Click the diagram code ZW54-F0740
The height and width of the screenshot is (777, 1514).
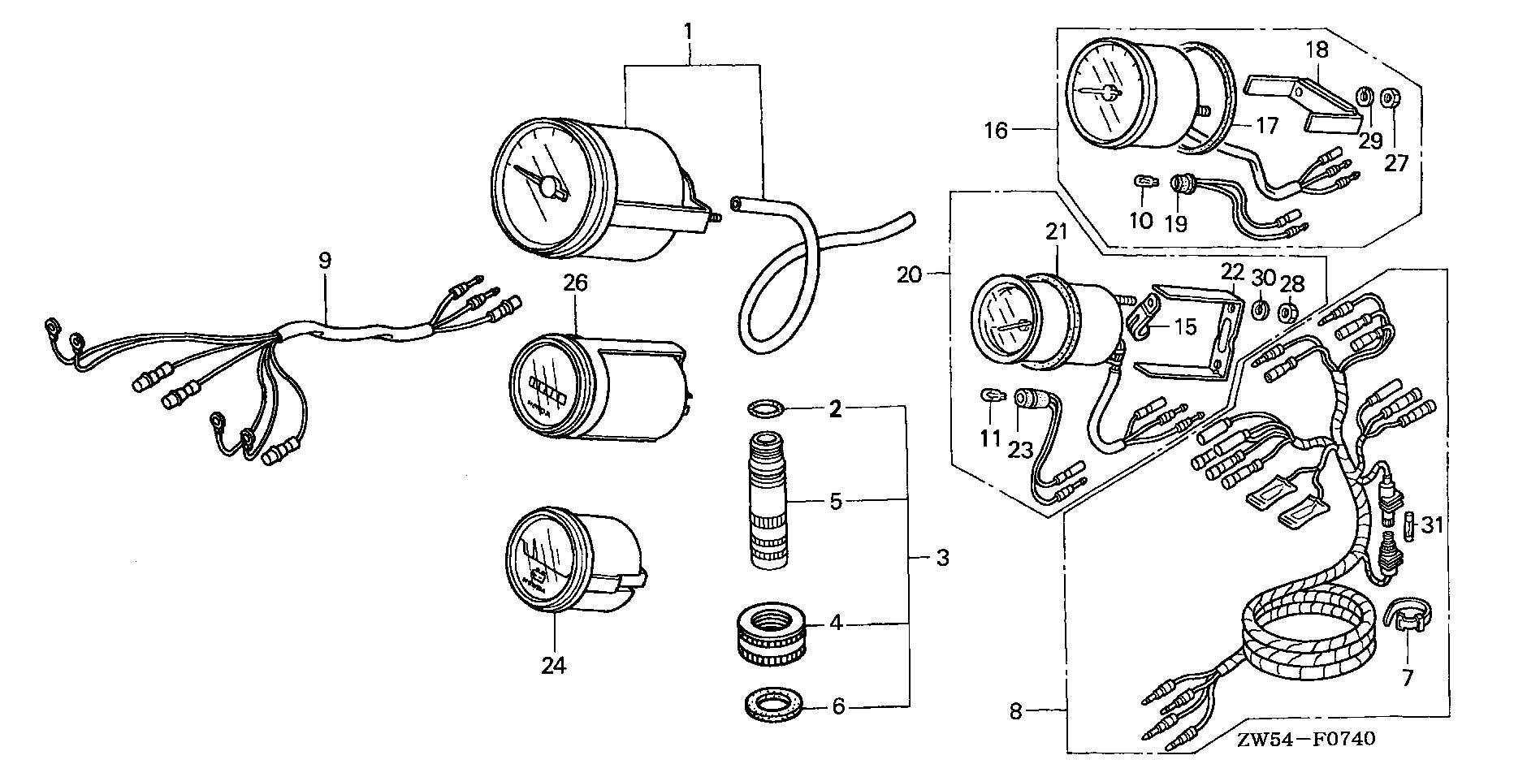(x=1306, y=740)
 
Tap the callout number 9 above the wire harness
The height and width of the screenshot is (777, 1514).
(x=324, y=261)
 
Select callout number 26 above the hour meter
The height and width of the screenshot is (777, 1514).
(x=575, y=284)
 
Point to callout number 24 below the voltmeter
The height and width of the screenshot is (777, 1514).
(x=555, y=666)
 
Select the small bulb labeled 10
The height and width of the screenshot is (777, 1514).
(x=1142, y=183)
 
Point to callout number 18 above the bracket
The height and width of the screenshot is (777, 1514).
(x=1317, y=50)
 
